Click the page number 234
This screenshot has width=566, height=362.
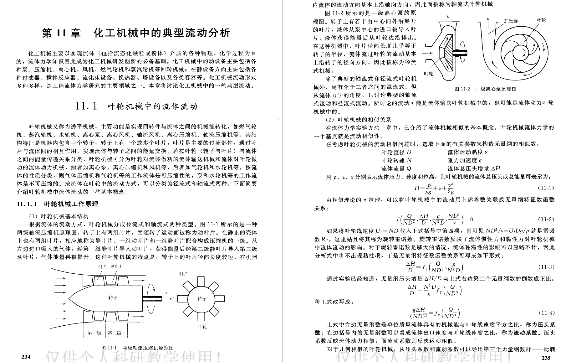(26, 357)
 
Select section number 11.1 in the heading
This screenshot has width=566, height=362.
(87, 106)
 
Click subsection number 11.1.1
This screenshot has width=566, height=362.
(27, 204)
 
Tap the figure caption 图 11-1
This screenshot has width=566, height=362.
(109, 348)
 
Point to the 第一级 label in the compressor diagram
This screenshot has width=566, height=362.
(94, 333)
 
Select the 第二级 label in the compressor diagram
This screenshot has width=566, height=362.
(115, 333)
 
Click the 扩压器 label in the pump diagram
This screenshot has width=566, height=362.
(511, 21)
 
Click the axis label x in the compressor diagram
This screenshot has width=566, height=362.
(166, 293)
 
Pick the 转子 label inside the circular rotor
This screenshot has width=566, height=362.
(202, 298)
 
